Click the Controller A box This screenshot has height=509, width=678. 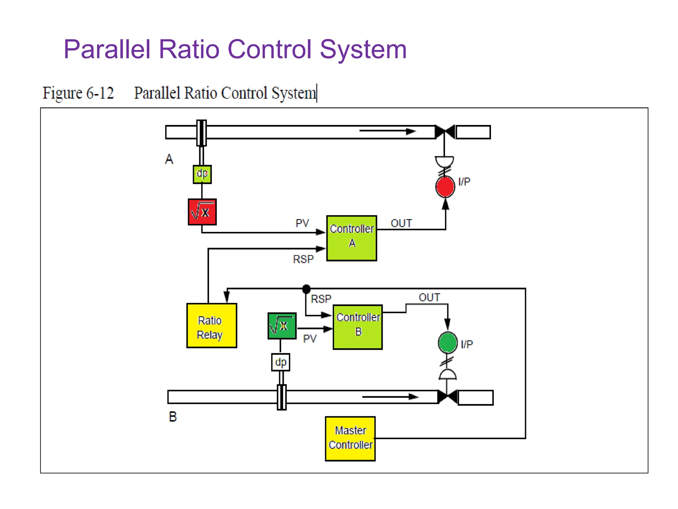coord(351,238)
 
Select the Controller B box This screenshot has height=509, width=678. coord(358,327)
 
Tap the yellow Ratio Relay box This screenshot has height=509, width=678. coord(212,325)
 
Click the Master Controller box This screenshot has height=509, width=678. coord(350,438)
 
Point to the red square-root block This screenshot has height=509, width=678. coord(202,212)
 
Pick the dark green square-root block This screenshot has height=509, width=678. coord(282,326)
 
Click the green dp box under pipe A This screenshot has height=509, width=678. coord(202,174)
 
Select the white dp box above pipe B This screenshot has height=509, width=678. coord(280,362)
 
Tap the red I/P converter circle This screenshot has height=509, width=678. coord(445,187)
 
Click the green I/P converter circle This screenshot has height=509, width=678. coord(448,342)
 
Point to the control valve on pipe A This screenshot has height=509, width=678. coord(445,132)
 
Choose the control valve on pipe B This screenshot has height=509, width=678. coord(447,397)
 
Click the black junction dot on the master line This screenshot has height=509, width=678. coord(306,289)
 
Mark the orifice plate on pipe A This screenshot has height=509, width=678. coord(201,133)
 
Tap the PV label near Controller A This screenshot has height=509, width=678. coord(302,223)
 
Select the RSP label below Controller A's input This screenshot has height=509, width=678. coord(303,259)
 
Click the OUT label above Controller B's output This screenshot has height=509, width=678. coord(429,297)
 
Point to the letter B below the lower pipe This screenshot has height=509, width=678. coord(173,417)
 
